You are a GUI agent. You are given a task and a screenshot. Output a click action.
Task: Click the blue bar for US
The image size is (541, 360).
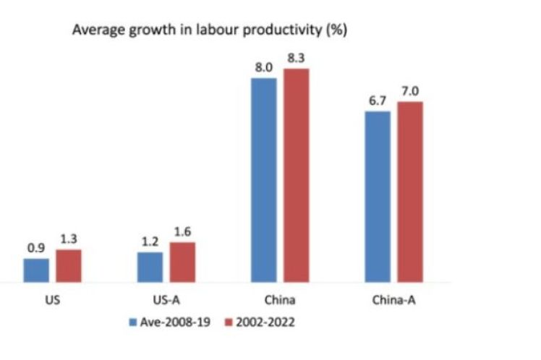[x=36, y=270]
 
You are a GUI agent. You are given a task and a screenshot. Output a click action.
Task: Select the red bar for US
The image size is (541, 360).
[x=69, y=265]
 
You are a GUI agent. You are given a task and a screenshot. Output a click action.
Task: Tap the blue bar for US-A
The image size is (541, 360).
[x=150, y=267]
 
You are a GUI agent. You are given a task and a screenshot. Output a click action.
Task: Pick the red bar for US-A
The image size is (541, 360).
[x=182, y=262]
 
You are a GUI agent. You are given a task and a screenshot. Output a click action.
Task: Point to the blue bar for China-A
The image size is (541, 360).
[x=377, y=196]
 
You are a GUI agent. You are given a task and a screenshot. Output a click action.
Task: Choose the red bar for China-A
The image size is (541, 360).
[x=409, y=192]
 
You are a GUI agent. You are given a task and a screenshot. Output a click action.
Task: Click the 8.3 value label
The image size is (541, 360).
[x=296, y=59]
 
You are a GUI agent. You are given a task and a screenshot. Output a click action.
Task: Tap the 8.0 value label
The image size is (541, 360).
[x=263, y=67]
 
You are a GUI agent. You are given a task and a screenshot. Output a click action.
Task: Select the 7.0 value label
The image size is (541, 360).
[x=409, y=91]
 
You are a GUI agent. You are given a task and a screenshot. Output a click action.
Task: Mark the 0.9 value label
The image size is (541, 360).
[x=36, y=247]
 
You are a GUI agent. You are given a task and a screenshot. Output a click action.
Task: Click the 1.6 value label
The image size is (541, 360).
[x=182, y=231]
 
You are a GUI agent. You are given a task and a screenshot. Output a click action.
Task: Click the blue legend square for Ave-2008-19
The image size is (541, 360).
[x=132, y=322]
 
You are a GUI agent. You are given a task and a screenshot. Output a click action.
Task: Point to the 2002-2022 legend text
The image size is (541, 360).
[x=264, y=322]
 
